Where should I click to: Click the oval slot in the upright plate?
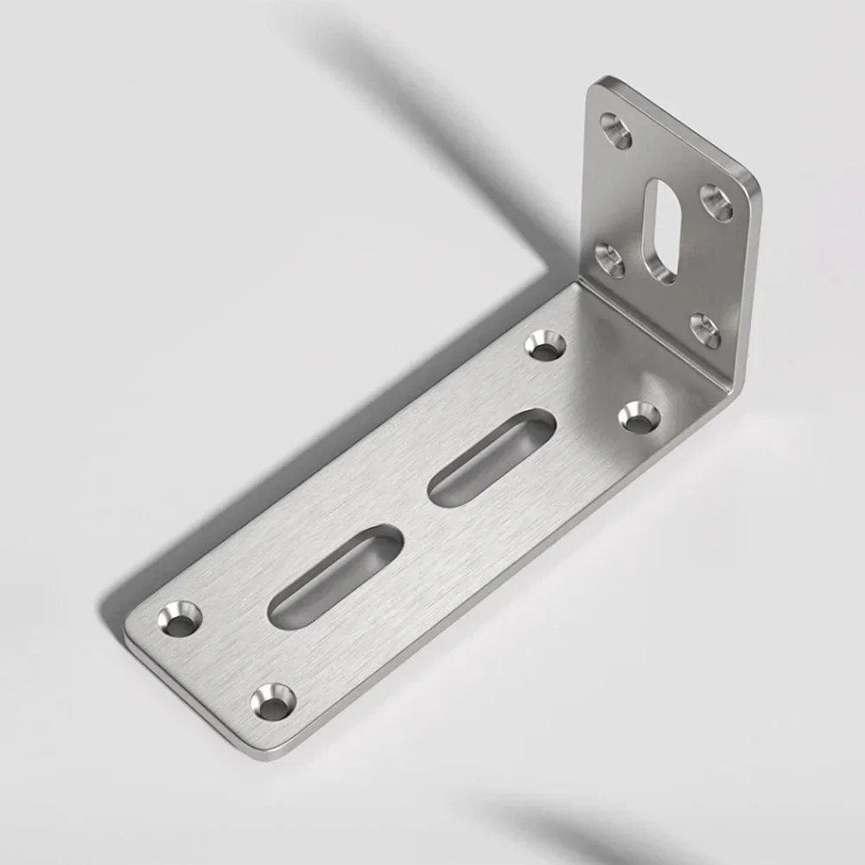pyautogui.click(x=665, y=231)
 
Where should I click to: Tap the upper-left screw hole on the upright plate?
pyautogui.click(x=616, y=130)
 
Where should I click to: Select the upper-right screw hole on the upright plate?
pyautogui.click(x=716, y=202)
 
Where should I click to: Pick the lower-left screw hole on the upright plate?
pyautogui.click(x=610, y=259)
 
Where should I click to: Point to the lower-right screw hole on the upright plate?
pyautogui.click(x=705, y=331)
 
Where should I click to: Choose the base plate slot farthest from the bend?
pyautogui.click(x=335, y=576)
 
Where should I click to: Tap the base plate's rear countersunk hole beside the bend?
pyautogui.click(x=545, y=345)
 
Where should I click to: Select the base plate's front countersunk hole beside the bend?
pyautogui.click(x=639, y=417)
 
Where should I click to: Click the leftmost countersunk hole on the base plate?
pyautogui.click(x=180, y=619)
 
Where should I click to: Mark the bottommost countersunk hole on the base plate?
pyautogui.click(x=273, y=702)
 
